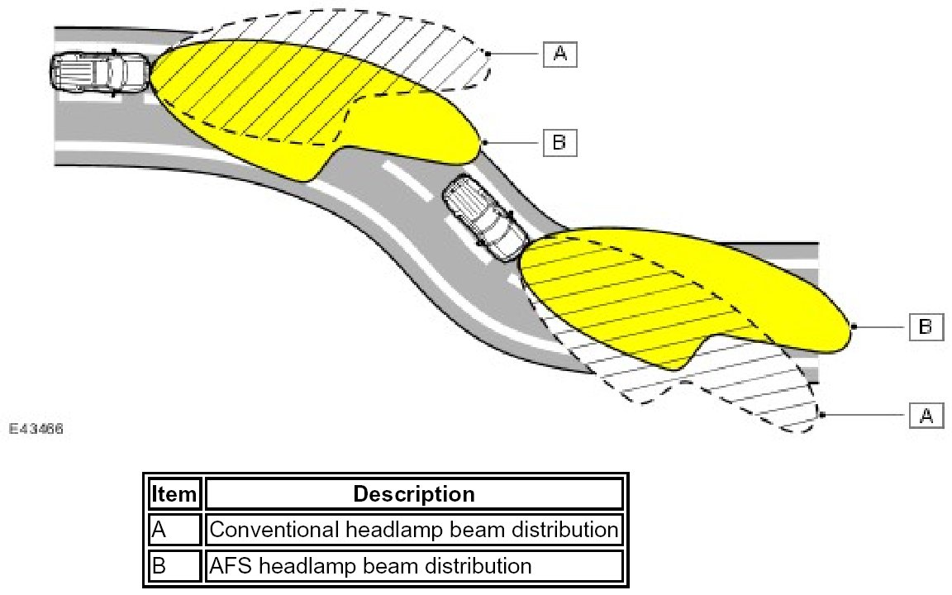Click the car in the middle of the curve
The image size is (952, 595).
[x=484, y=220]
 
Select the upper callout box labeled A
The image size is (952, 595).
[x=559, y=54]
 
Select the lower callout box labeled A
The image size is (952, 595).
[x=926, y=415]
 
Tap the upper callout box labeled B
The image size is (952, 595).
[x=559, y=143]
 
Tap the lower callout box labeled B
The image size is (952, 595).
[x=926, y=327]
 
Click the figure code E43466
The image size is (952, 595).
[x=36, y=430]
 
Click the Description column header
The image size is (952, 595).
[x=414, y=494]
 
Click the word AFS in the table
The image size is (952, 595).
[x=229, y=566]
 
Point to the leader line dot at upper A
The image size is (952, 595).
[x=488, y=54]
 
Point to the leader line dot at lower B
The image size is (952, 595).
[x=854, y=327]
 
